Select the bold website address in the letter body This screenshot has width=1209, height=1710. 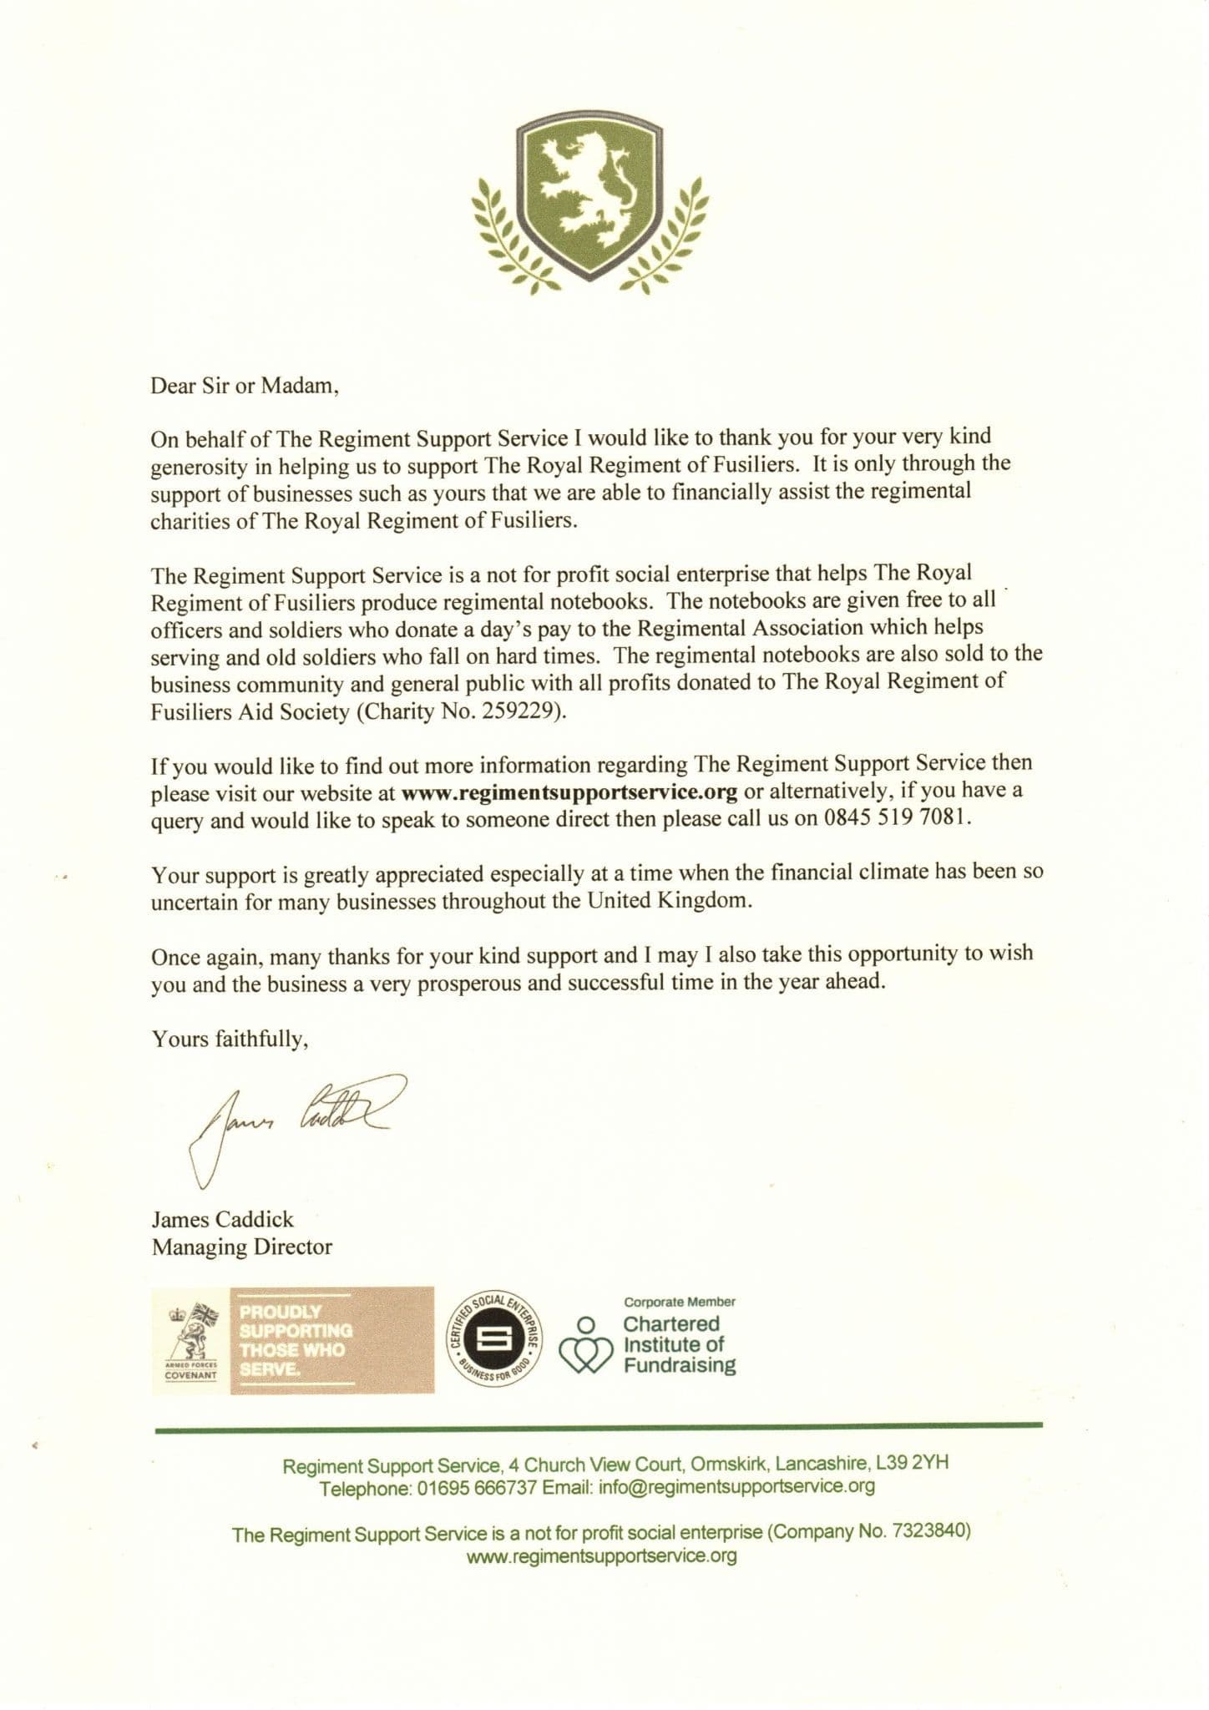[569, 790]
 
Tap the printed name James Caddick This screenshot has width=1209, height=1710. [222, 1219]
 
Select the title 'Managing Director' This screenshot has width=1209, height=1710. [241, 1247]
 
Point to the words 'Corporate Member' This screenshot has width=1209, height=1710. [680, 1302]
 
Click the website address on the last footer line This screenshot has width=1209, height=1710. [602, 1556]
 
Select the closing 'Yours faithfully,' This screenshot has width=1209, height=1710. [230, 1040]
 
